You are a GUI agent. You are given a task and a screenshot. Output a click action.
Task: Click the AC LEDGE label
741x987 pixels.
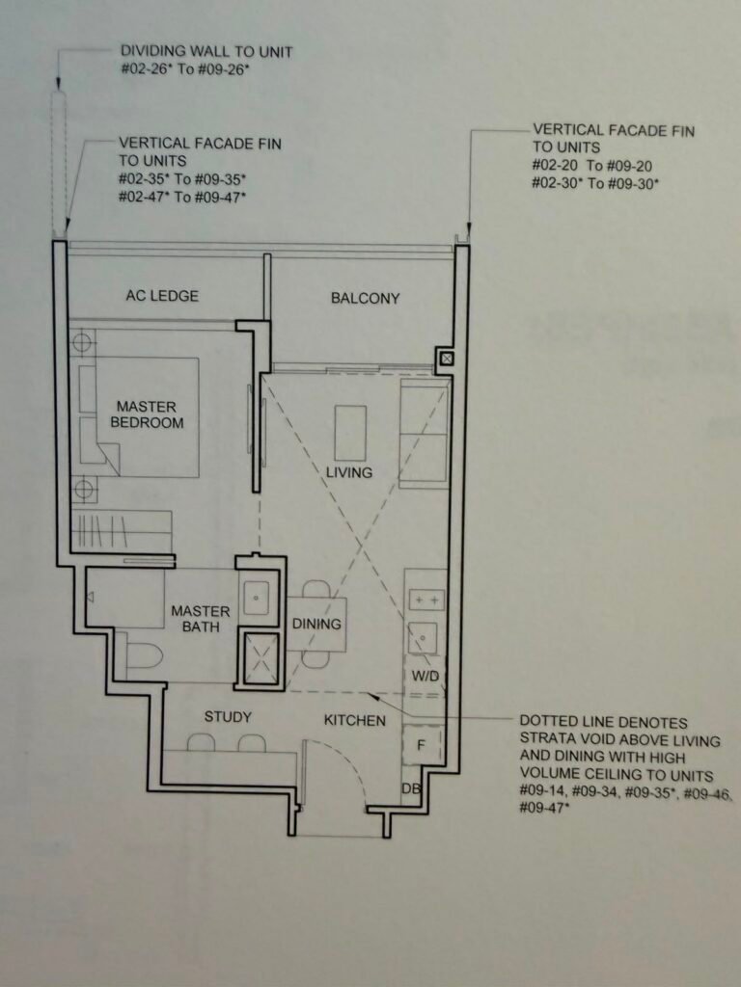[162, 295]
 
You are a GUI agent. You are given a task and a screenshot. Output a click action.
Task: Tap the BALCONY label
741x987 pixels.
[366, 299]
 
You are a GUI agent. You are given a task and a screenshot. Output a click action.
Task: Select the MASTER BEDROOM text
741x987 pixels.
[147, 414]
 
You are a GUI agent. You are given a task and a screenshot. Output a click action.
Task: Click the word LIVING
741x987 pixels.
[349, 472]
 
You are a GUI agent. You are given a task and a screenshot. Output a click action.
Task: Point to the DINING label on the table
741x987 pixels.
[316, 624]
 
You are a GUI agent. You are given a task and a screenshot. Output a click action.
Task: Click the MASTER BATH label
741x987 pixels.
[201, 619]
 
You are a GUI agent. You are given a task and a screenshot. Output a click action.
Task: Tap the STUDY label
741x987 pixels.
[228, 717]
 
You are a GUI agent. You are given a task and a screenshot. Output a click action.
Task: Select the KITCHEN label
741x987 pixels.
[355, 721]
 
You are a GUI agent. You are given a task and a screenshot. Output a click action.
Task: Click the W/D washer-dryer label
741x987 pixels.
[425, 677]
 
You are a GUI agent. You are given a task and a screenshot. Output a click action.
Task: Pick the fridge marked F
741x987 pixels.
[423, 745]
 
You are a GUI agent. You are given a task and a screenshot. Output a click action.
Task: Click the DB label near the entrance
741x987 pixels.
[410, 788]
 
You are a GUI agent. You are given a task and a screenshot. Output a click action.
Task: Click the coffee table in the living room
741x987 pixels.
[350, 433]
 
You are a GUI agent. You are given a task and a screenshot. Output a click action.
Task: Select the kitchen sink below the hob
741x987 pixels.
[423, 638]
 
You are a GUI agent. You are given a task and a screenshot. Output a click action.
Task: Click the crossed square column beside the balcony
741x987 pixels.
[446, 360]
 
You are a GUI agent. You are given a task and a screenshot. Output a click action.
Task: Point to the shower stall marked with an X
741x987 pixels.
[261, 657]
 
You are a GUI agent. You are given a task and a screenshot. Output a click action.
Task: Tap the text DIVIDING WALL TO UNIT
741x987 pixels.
[206, 52]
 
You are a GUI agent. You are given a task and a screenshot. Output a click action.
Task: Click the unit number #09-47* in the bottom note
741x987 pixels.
[543, 808]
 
